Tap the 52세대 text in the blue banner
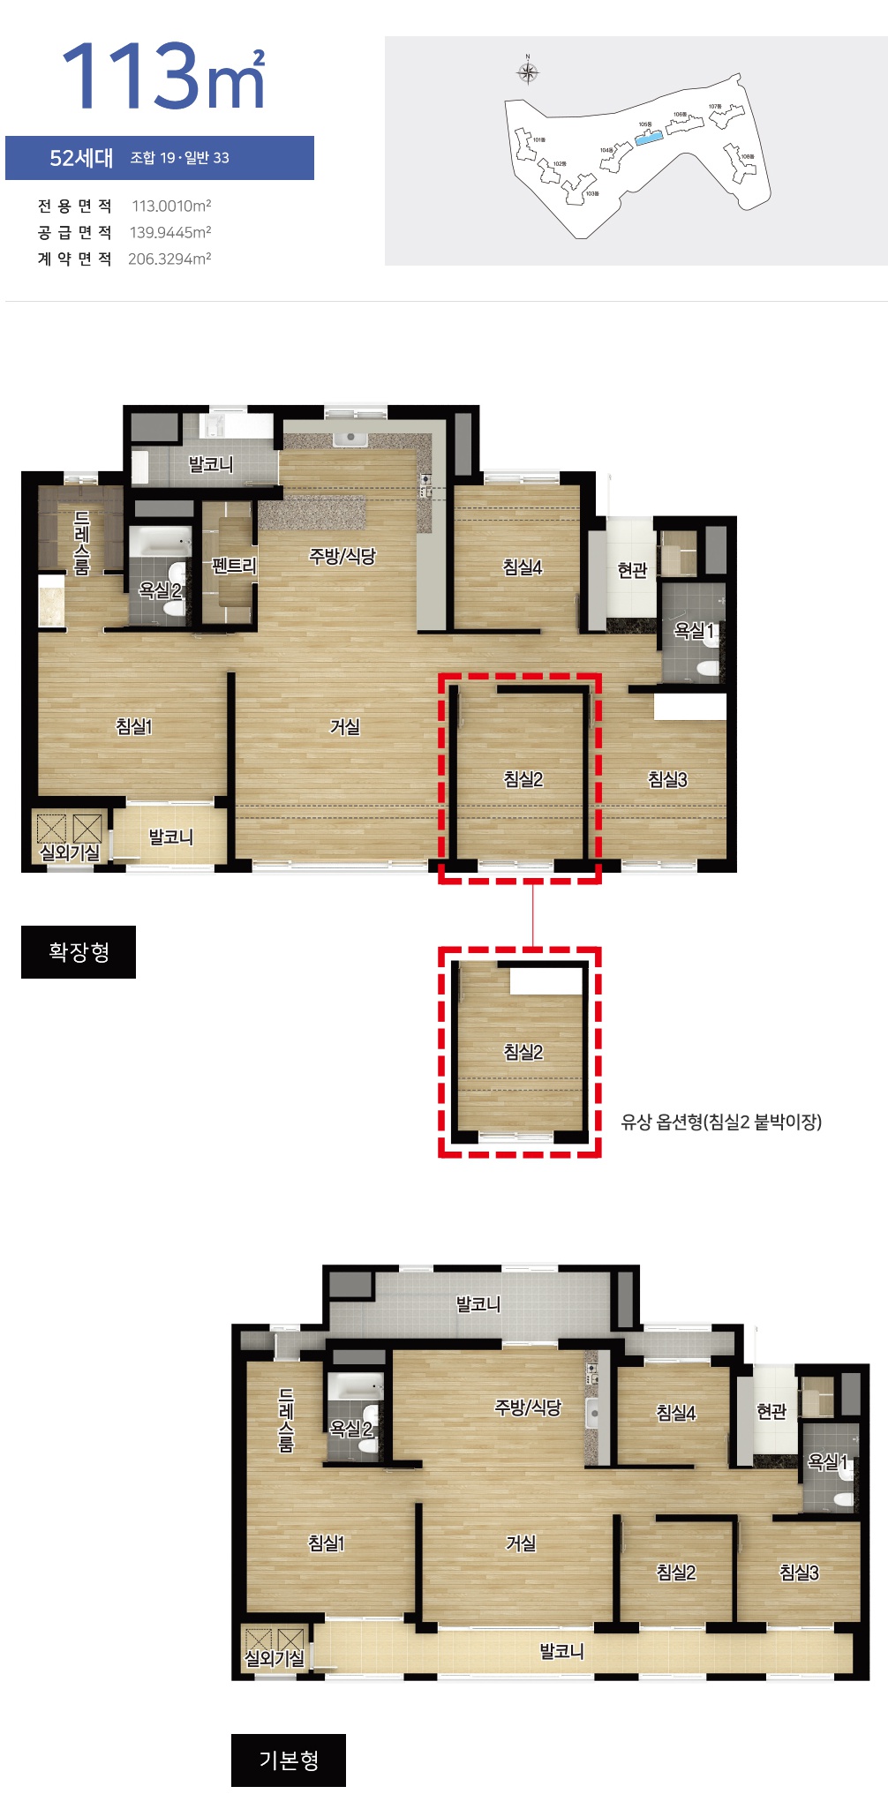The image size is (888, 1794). pos(81,158)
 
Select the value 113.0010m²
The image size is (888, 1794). pos(171,206)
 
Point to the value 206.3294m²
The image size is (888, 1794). pos(169,259)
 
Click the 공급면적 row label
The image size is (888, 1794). pos(75,232)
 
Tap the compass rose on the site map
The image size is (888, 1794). pos(528,72)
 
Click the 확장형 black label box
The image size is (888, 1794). pos(79,951)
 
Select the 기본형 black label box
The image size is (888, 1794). pos(289,1760)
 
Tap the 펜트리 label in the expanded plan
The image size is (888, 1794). pos(234,565)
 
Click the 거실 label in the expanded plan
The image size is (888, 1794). pos(345,726)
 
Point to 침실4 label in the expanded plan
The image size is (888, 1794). pos(523,567)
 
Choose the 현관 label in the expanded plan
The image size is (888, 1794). pos(632,570)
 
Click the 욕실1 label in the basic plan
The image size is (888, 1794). pos(828,1462)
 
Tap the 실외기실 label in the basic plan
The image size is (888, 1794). pos(275,1658)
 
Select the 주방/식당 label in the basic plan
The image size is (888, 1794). pos(528,1407)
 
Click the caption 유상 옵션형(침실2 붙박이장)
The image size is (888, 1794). pos(721,1122)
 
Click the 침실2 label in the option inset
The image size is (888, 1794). pos(523,1052)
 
